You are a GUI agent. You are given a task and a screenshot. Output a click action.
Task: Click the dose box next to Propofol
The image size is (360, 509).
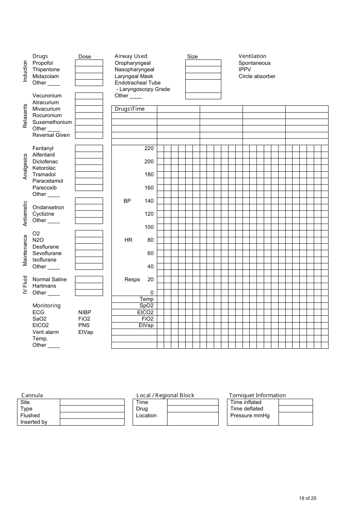[x=89, y=63]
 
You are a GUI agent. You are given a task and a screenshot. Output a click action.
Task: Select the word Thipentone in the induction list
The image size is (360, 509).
[x=46, y=70]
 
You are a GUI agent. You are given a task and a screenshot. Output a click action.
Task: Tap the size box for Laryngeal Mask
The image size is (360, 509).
[x=203, y=76]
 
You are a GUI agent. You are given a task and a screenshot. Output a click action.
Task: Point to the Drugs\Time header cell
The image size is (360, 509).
[x=130, y=109]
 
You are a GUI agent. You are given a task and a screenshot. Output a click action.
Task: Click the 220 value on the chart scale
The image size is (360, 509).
[x=149, y=149]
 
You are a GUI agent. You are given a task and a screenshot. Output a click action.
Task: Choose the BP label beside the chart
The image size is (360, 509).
[x=127, y=201]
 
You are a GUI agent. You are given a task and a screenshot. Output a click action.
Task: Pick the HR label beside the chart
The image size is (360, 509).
[x=128, y=240]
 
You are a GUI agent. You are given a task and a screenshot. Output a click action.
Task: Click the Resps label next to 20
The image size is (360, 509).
[x=132, y=280]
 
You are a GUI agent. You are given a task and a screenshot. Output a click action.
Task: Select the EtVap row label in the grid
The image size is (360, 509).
[x=146, y=326]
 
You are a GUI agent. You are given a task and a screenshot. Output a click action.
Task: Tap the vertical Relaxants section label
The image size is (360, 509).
[x=25, y=116]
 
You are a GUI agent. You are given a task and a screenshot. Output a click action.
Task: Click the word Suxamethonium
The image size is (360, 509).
[x=52, y=122]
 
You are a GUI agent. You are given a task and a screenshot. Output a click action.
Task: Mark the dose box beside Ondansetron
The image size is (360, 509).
[x=89, y=207]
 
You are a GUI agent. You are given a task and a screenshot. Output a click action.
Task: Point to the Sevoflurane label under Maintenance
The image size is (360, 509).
[x=47, y=254]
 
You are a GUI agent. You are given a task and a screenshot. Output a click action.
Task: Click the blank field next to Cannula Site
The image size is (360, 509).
[x=92, y=403]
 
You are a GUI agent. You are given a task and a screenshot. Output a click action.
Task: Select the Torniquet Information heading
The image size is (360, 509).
[x=257, y=395]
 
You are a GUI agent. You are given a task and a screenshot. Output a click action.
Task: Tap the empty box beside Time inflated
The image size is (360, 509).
[x=296, y=403]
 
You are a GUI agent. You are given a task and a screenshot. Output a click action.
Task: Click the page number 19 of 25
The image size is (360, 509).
[x=307, y=498]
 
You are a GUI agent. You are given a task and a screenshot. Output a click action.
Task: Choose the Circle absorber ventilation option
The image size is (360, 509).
[x=257, y=77]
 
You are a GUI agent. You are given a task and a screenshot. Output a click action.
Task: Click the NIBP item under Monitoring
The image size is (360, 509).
[x=85, y=313]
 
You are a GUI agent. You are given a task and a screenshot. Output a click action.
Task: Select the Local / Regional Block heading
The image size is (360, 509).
[x=165, y=395]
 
